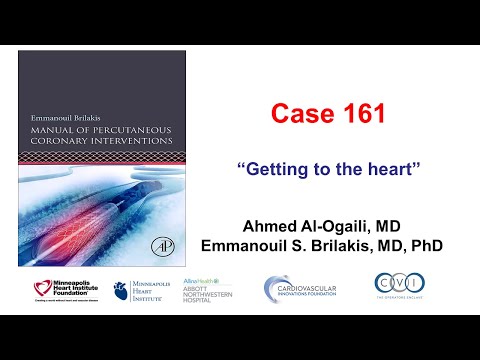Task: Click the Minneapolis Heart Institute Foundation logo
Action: pos(63,291)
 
